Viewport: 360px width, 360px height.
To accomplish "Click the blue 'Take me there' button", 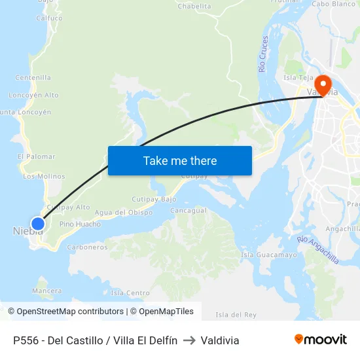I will point(180,160).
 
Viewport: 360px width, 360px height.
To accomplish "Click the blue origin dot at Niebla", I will point(38,224).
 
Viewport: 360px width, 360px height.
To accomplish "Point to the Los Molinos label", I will point(44,176).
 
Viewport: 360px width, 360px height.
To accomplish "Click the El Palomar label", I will point(37,156).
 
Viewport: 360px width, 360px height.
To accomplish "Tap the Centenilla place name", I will point(33,77).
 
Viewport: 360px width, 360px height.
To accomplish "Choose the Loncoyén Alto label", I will point(33,95).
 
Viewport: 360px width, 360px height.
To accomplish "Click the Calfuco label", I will point(49,18).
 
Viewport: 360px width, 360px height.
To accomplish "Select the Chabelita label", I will point(194,7).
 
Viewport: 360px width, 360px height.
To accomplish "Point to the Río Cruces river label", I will point(263,54).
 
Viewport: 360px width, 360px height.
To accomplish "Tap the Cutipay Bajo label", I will point(154,199).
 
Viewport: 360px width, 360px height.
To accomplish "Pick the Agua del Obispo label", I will point(124,213).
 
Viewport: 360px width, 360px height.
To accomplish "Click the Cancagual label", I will point(189,211).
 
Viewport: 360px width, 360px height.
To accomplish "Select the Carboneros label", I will point(87,247).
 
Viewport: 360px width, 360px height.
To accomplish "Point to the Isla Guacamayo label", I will point(269,255).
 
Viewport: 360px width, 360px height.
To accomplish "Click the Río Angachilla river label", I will point(318,250).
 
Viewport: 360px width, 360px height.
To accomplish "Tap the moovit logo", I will point(321,340).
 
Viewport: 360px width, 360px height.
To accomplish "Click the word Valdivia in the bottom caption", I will point(220,340).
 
